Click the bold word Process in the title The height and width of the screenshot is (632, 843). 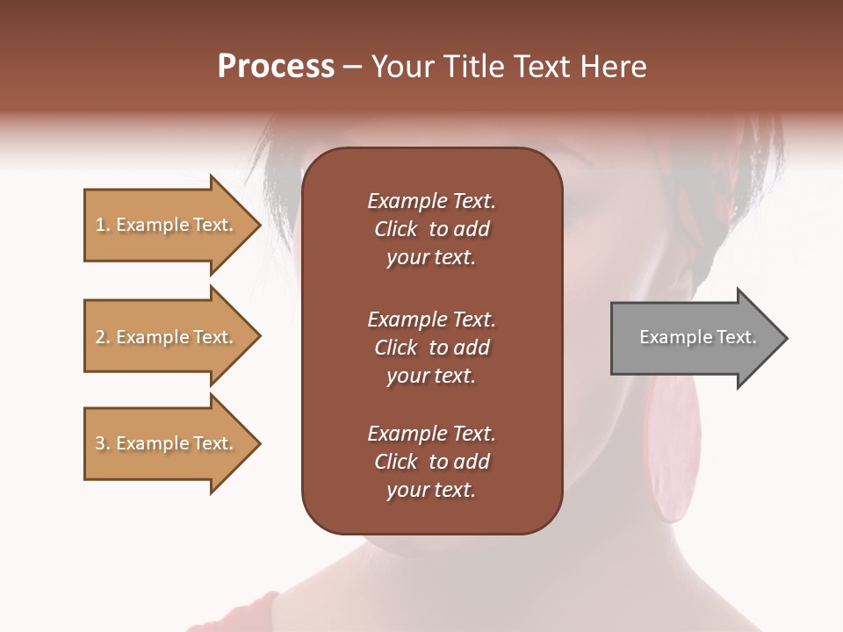point(276,67)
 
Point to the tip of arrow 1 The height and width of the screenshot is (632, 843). point(259,225)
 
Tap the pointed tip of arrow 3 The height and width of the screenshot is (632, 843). point(259,443)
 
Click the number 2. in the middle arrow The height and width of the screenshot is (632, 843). point(103,337)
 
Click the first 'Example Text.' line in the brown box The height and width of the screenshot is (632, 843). point(431,201)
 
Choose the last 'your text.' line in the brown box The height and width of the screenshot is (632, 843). point(431,491)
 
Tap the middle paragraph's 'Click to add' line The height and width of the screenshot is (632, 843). point(431,348)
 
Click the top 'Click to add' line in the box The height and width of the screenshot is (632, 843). point(431,229)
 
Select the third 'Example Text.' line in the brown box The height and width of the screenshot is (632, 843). point(431,434)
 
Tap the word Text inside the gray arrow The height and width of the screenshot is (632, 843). point(738,337)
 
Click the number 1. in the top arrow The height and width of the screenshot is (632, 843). point(103,225)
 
